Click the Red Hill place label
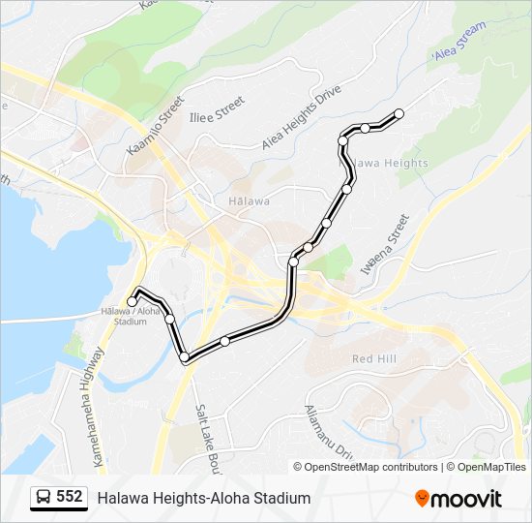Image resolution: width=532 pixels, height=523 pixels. (x=374, y=358)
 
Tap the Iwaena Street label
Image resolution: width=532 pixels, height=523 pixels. (x=385, y=244)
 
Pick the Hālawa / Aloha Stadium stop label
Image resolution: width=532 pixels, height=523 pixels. (x=130, y=316)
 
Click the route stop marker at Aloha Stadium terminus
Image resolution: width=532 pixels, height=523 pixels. (x=133, y=302)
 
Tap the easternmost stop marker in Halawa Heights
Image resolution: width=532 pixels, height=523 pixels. (x=399, y=114)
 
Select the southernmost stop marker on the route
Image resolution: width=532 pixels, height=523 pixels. (x=185, y=358)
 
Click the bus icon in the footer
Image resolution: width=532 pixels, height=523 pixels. (x=44, y=498)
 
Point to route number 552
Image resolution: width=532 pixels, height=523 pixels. (x=70, y=497)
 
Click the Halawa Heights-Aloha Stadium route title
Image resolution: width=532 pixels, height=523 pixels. (x=203, y=498)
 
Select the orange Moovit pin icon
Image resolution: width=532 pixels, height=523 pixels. (x=422, y=498)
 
